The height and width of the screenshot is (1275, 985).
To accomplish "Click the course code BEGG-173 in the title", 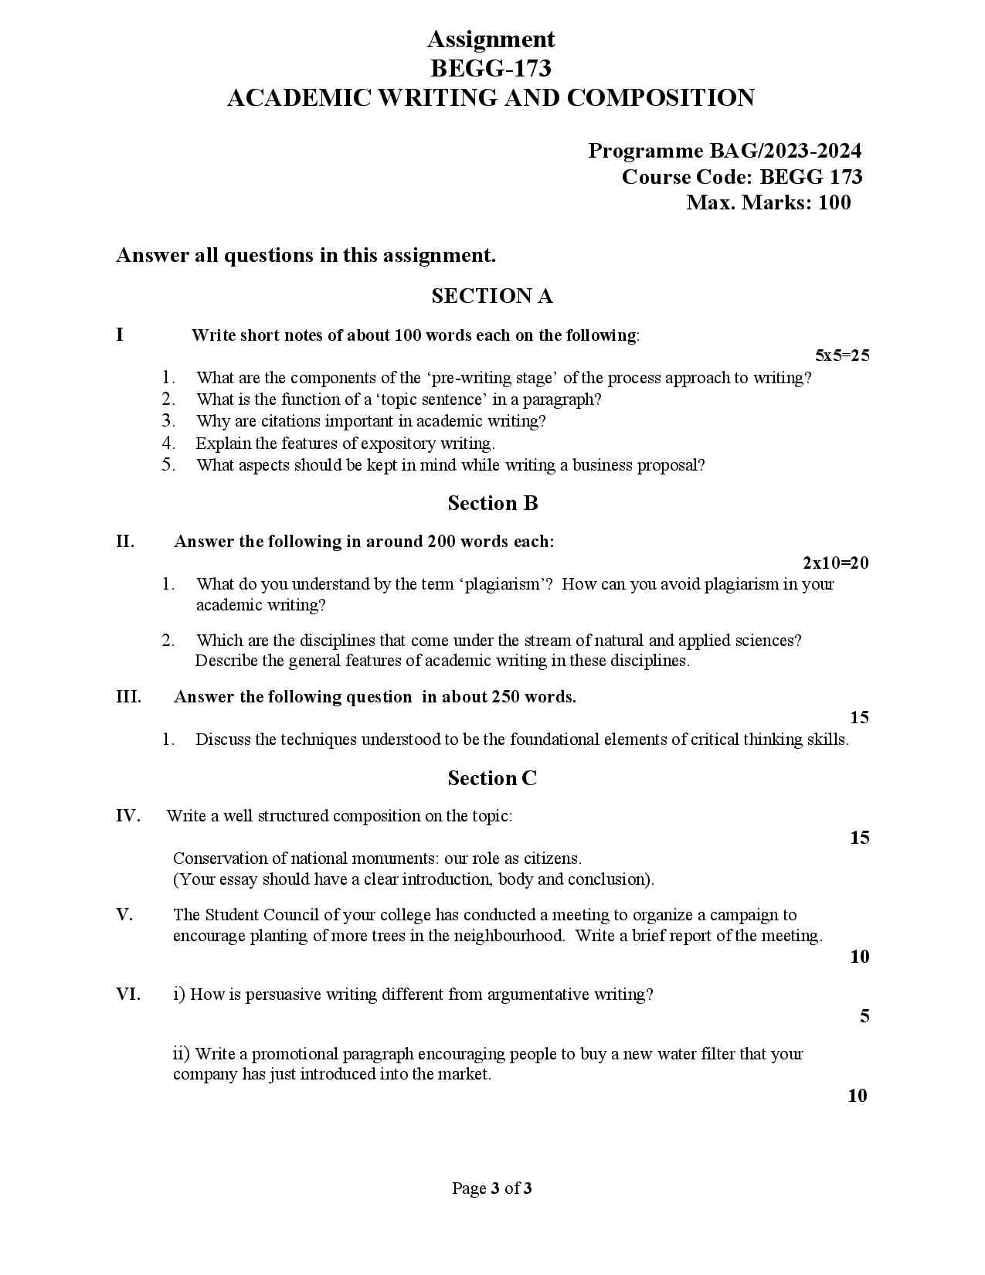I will point(491,69).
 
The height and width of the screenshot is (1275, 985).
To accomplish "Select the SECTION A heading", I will point(492,296).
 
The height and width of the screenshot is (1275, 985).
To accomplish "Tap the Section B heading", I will point(492,503).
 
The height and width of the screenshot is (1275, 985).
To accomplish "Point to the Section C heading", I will point(492,778).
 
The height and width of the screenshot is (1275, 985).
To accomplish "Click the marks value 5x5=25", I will point(842,355).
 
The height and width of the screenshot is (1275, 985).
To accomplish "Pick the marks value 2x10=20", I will point(836,563).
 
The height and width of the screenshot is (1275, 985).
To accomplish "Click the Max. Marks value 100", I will point(834,202).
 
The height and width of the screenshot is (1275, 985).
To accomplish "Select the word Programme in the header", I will point(634,151).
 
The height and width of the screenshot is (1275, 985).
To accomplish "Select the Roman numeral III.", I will point(128,697).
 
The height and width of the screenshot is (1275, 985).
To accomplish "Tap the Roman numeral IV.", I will point(128,816).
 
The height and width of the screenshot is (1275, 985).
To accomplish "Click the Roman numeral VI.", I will point(128,994).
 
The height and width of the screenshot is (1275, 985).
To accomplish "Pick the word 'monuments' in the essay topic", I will point(392,858).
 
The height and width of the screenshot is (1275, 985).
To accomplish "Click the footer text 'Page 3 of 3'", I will point(492,1188).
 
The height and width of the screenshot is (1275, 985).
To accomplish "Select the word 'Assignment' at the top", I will point(491,39).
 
